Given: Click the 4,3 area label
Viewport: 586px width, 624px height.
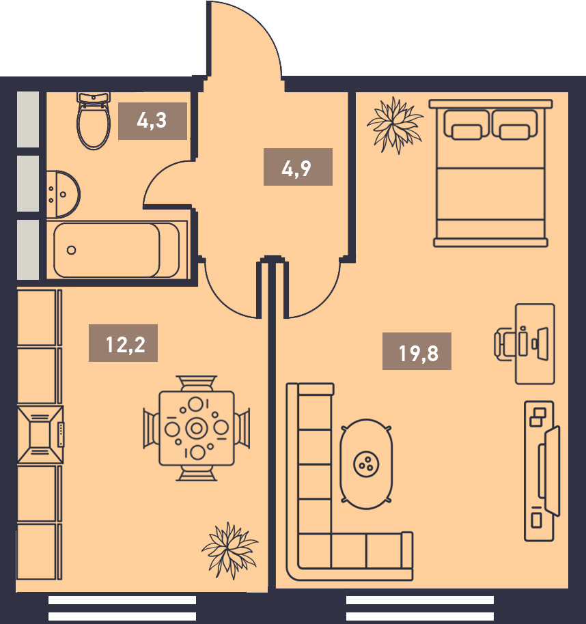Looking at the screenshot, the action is [152, 121].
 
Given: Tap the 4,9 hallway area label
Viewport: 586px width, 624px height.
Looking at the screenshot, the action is [297, 167].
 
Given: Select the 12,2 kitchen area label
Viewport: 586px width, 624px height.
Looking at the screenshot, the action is [123, 343].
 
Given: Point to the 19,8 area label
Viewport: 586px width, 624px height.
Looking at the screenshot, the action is [417, 352].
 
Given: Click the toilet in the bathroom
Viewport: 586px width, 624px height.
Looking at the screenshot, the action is [94, 122].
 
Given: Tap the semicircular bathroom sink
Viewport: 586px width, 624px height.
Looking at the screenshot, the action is [63, 195].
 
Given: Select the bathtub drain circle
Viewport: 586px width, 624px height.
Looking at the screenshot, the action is [71, 251].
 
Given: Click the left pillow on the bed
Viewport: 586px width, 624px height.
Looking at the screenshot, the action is [466, 125].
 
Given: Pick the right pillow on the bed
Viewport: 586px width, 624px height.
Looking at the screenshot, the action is [514, 125].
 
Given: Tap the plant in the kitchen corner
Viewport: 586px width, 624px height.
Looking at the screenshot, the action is [229, 550].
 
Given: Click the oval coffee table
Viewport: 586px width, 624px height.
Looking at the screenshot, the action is [366, 464].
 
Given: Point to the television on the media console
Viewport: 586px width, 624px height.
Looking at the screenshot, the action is [549, 471].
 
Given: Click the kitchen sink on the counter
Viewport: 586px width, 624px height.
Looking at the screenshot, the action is [40, 435].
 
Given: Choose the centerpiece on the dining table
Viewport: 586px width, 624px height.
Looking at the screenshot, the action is [197, 428].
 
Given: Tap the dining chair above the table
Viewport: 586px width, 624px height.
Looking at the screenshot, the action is [197, 383].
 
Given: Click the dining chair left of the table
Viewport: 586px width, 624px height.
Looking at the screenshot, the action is [151, 429].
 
